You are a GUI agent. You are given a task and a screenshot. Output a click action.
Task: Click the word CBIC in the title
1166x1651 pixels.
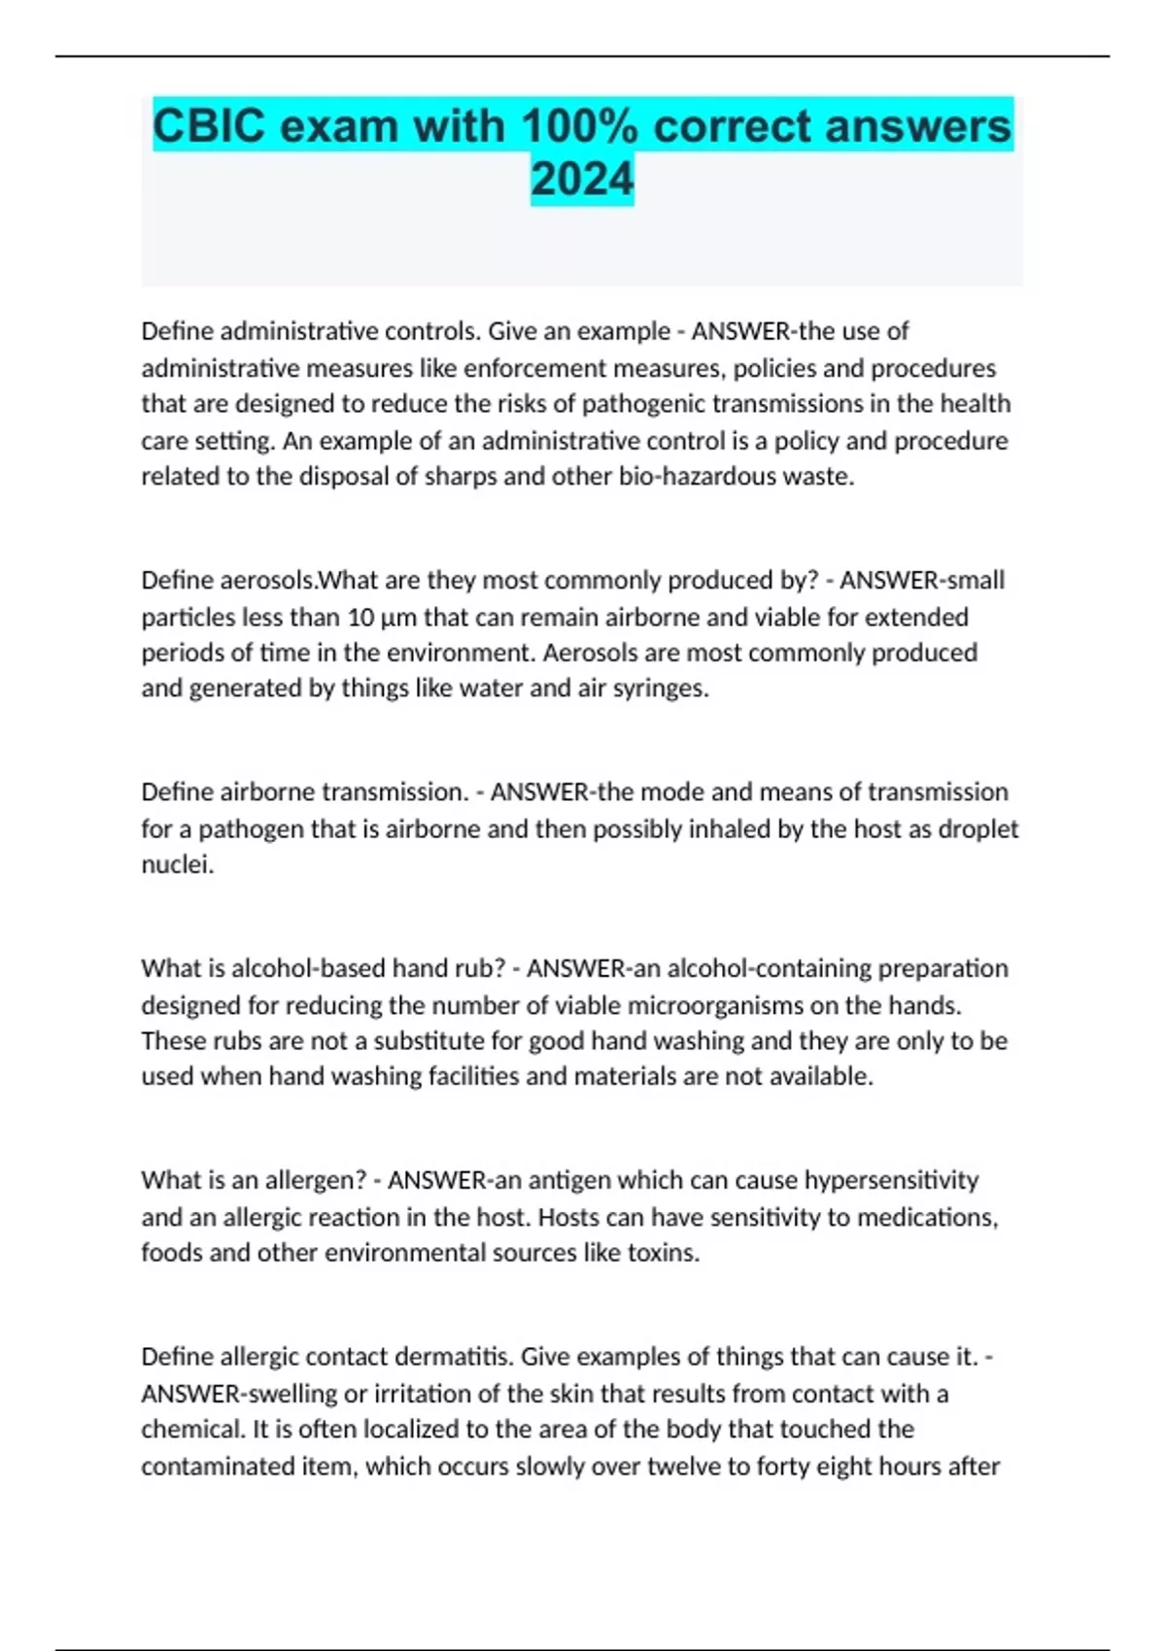tap(208, 127)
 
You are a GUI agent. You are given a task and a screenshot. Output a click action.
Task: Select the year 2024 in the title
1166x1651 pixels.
tap(582, 180)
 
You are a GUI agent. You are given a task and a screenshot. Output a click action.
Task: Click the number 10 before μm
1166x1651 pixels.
tap(361, 618)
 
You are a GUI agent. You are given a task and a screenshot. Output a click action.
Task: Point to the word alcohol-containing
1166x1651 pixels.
tap(752, 969)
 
